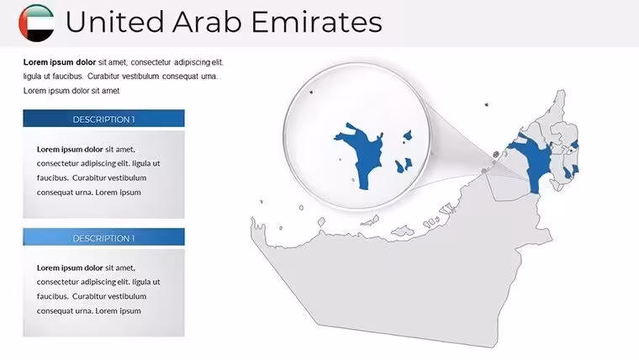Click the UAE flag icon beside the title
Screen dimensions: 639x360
click(x=37, y=23)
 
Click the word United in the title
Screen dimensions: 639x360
click(x=114, y=22)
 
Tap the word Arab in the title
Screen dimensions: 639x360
click(x=207, y=22)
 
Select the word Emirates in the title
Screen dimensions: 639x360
click(x=317, y=22)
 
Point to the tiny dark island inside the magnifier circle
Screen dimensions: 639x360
click(x=311, y=93)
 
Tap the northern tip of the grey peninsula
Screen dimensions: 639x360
click(x=562, y=91)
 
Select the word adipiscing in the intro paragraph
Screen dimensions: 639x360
click(x=192, y=62)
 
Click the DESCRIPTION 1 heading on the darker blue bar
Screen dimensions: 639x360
click(x=103, y=119)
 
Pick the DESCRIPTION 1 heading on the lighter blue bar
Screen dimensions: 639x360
click(x=103, y=239)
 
